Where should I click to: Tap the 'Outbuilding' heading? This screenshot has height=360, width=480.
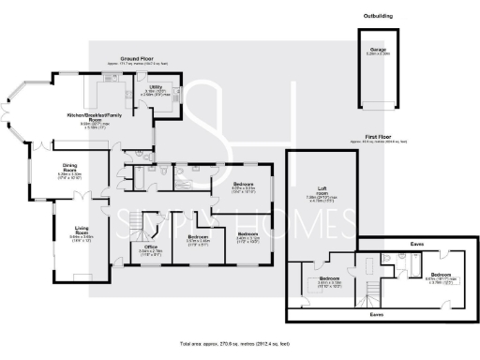click(378, 16)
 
